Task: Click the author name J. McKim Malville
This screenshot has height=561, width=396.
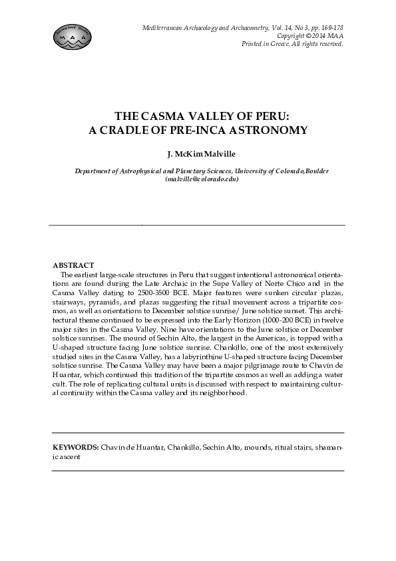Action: click(x=198, y=155)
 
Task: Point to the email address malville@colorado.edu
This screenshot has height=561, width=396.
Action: click(x=202, y=179)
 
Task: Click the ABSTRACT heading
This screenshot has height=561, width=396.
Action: click(x=73, y=265)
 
